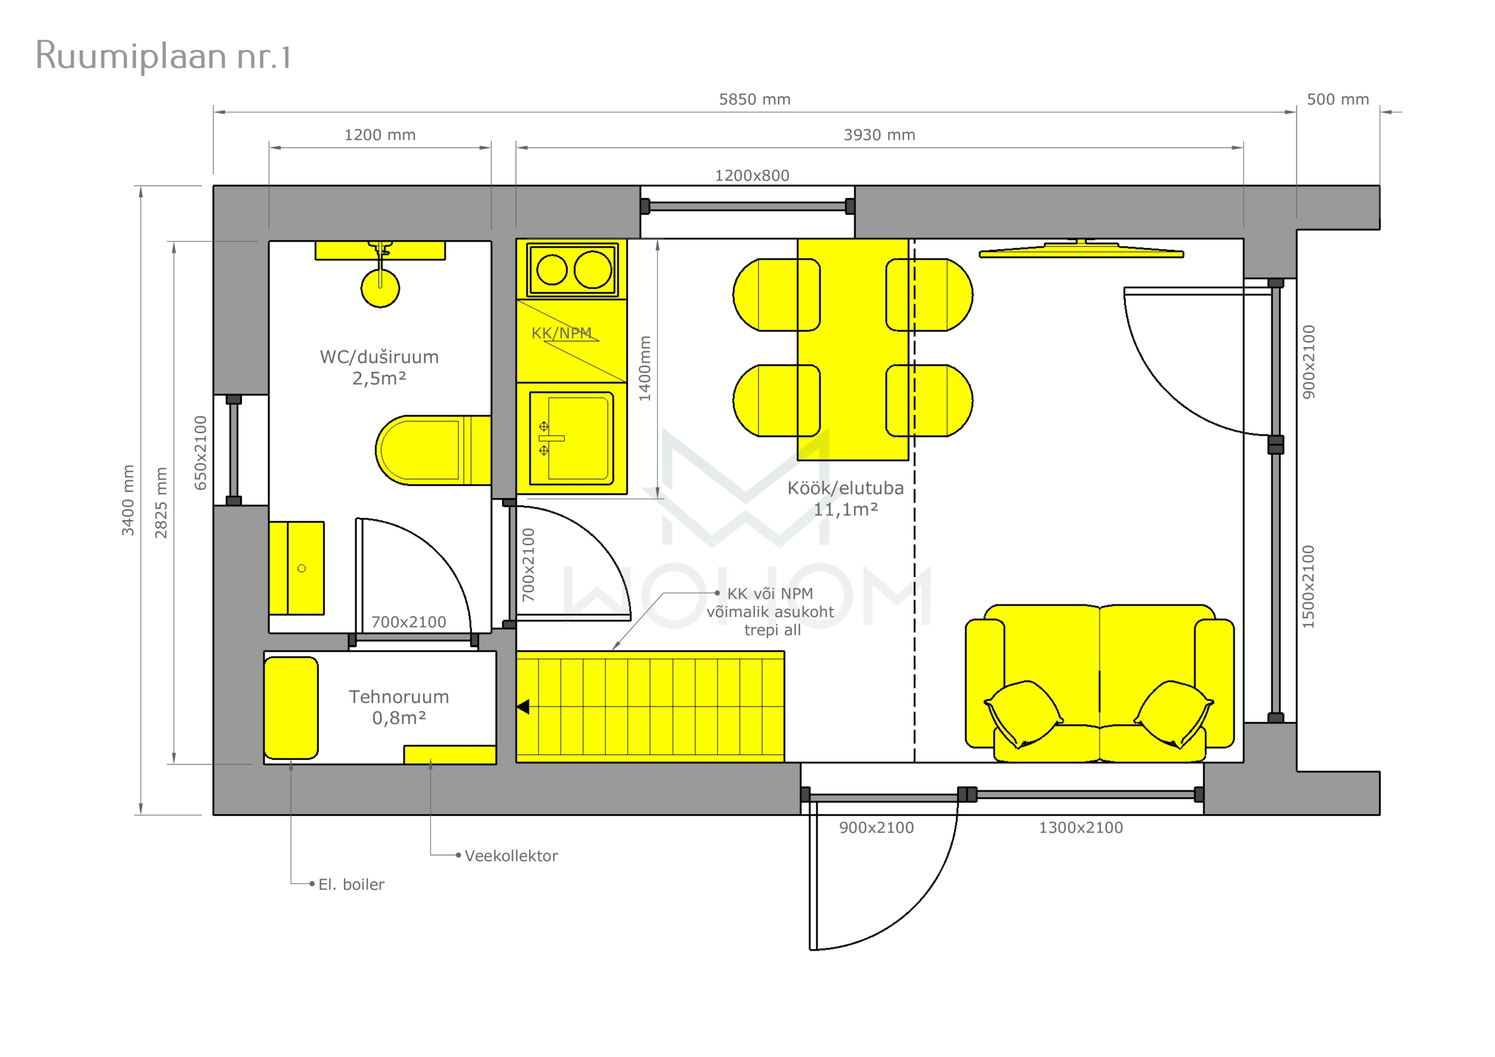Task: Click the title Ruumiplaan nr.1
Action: [163, 56]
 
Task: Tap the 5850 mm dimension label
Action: [755, 100]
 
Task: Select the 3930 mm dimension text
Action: [879, 135]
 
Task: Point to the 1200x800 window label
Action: [752, 175]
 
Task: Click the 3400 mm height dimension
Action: [128, 500]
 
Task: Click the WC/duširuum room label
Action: [379, 357]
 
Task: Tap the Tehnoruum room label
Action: [398, 697]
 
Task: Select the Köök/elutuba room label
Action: [845, 488]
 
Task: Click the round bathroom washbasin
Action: [380, 287]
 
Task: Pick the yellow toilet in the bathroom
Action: [433, 450]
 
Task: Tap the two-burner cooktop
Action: [572, 270]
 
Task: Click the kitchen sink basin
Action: [572, 437]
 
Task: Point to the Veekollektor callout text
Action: [511, 856]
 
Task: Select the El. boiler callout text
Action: [351, 884]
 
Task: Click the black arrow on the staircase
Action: [523, 707]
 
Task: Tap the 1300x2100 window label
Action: [1081, 827]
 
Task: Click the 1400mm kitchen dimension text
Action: [645, 368]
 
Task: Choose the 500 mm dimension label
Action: [1338, 100]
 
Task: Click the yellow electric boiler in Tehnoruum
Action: [291, 708]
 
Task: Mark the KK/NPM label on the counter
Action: [561, 333]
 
